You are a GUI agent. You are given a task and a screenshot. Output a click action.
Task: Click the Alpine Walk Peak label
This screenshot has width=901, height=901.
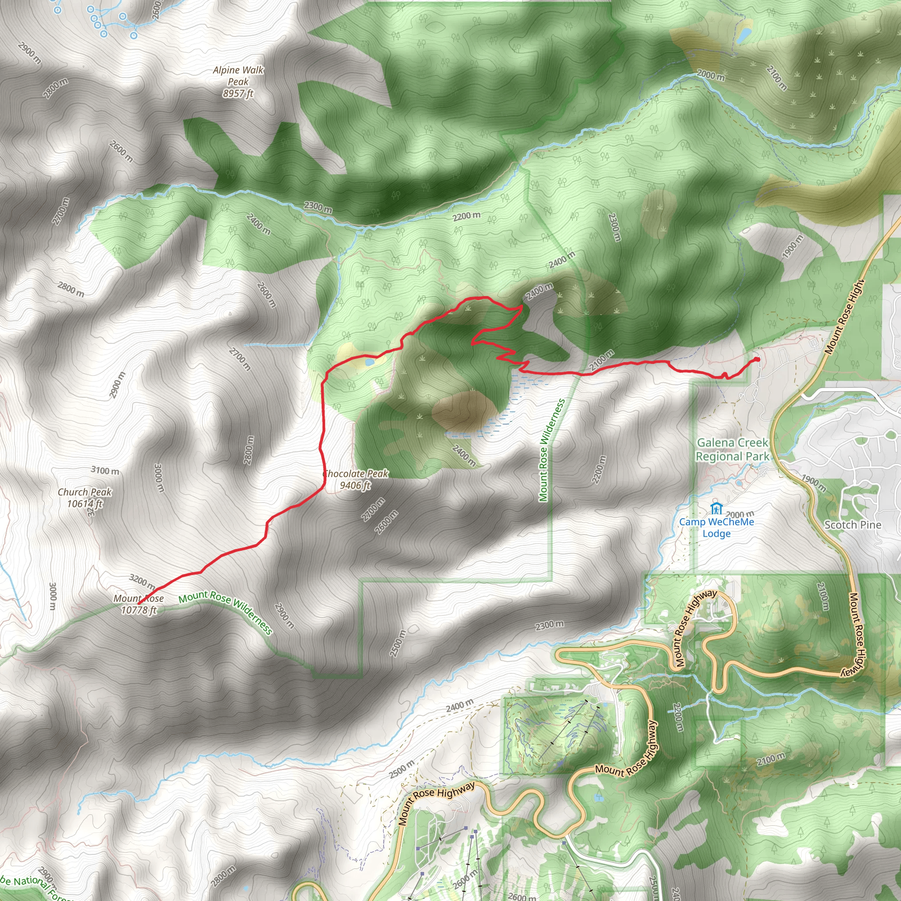click(238, 82)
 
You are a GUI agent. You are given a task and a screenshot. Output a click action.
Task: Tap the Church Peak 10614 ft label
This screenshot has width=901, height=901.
click(85, 498)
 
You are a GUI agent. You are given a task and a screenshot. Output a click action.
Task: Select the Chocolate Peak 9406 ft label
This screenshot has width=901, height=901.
click(355, 480)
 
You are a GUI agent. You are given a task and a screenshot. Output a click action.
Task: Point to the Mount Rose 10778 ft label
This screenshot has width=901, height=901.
click(139, 604)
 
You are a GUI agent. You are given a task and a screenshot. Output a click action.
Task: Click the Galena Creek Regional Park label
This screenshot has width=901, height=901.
click(732, 450)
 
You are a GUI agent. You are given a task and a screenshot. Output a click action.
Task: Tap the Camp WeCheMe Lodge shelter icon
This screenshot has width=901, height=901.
click(716, 508)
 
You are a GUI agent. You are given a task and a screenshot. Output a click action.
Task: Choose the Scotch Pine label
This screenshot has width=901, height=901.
click(853, 525)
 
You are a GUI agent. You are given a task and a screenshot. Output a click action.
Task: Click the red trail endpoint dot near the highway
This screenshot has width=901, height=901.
click(757, 359)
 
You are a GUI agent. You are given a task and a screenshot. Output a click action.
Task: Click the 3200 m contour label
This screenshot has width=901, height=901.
click(142, 582)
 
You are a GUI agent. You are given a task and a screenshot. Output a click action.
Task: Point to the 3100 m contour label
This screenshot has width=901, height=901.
click(105, 471)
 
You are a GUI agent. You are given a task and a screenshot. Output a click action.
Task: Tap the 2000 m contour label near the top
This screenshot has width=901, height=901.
click(711, 75)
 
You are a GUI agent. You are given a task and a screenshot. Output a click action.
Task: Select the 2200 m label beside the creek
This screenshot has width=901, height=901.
click(466, 216)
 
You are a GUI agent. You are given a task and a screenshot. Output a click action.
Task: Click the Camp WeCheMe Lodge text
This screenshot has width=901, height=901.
click(716, 527)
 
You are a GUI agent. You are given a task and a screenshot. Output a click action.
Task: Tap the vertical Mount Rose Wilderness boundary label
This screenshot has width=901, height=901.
click(552, 450)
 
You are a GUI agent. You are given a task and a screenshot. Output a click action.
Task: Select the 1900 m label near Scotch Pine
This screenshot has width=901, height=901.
click(814, 483)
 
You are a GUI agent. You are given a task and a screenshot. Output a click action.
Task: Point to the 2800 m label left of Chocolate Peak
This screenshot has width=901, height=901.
click(249, 450)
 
